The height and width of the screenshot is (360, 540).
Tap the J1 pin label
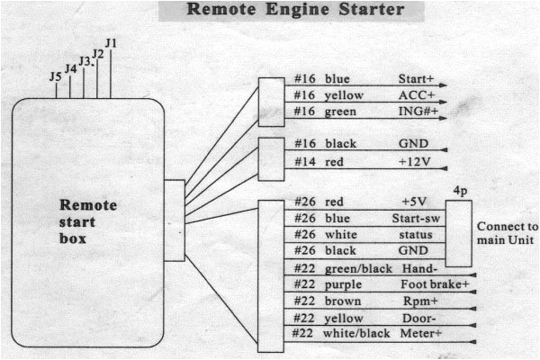coord(111,42)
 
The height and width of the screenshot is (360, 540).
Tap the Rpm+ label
coord(415,301)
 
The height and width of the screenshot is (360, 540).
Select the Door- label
coord(416,317)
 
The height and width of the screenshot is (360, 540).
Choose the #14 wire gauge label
coord(305,161)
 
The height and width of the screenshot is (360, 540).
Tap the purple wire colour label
coord(344,283)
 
